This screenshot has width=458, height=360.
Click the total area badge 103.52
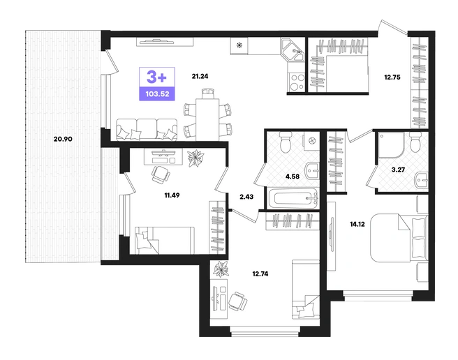pos(157,94)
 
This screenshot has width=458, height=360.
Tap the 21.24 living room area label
pos(200,77)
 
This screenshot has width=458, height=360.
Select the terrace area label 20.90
pos(63,139)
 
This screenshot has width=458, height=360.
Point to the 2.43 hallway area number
pos(246,197)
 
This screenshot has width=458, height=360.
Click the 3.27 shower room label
pos(398,170)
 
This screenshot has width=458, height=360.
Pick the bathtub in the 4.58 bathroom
pos(296,198)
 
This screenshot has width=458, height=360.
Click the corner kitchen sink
pos(293,50)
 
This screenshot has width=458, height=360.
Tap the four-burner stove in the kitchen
pos(297,82)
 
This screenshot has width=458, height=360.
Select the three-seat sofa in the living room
pos(147,130)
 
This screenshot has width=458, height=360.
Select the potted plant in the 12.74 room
pos(221,269)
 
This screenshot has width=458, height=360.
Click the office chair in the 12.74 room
pos(237,301)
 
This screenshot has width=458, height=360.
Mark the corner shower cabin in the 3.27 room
pos(391,145)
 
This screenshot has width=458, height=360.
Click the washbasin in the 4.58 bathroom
pos(312,170)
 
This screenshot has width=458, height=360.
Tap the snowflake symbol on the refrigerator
pos(239,45)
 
